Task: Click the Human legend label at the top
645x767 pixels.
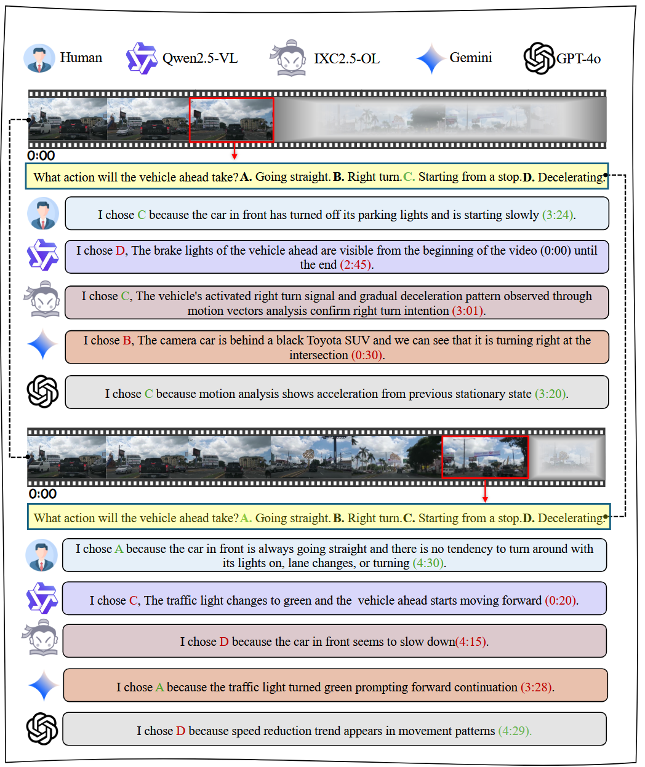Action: point(81,58)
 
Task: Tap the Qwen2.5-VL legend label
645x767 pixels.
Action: point(199,58)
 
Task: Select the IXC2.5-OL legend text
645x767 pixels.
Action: point(347,59)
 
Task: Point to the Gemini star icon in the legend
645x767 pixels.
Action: point(431,59)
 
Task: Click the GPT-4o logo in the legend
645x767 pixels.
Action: point(539,58)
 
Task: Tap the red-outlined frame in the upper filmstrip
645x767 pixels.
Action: point(231,120)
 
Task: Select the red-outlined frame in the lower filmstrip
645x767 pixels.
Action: point(485,457)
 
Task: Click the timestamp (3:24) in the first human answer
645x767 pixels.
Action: point(558,215)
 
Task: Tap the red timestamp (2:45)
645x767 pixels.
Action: point(355,265)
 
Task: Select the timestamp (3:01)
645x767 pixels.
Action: point(468,311)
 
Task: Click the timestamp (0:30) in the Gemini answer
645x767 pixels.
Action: point(367,355)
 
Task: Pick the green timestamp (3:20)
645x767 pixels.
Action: point(551,394)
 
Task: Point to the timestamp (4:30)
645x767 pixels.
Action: point(429,563)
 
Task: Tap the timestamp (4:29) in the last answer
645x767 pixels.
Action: point(515,731)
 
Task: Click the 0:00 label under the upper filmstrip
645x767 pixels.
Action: point(41,156)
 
